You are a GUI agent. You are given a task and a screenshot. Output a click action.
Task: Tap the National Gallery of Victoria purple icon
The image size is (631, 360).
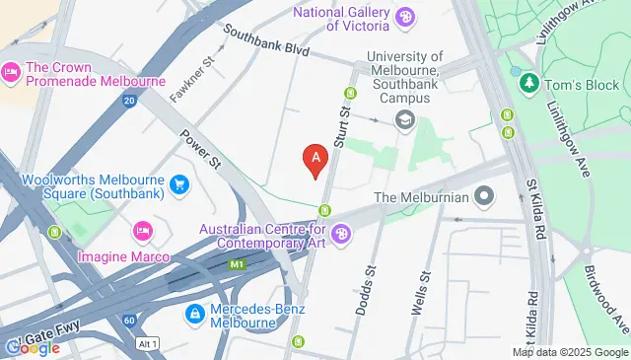click(404, 17)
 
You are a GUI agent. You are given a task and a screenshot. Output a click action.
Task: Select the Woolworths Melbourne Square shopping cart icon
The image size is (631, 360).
click(179, 184)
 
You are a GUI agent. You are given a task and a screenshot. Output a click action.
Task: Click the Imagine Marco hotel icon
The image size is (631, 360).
click(141, 232)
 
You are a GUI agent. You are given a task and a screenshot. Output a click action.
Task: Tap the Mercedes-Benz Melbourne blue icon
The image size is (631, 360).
click(195, 313)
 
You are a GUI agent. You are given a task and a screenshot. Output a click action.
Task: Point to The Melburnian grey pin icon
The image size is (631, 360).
click(483, 196)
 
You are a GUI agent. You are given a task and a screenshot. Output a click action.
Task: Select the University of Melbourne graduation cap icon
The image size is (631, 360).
click(403, 120)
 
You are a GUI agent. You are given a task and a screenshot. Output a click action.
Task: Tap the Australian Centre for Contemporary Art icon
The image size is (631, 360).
click(341, 235)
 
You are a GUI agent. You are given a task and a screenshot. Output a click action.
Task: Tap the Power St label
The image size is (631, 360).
click(199, 149)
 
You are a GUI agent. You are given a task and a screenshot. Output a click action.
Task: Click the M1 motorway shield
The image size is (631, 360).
click(237, 264)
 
